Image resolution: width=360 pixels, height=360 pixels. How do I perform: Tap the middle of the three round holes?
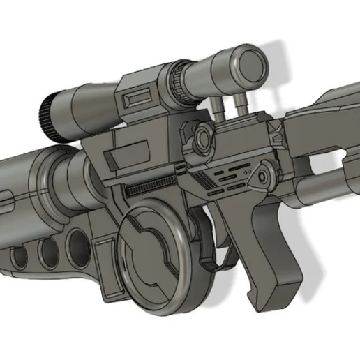[47, 252]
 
